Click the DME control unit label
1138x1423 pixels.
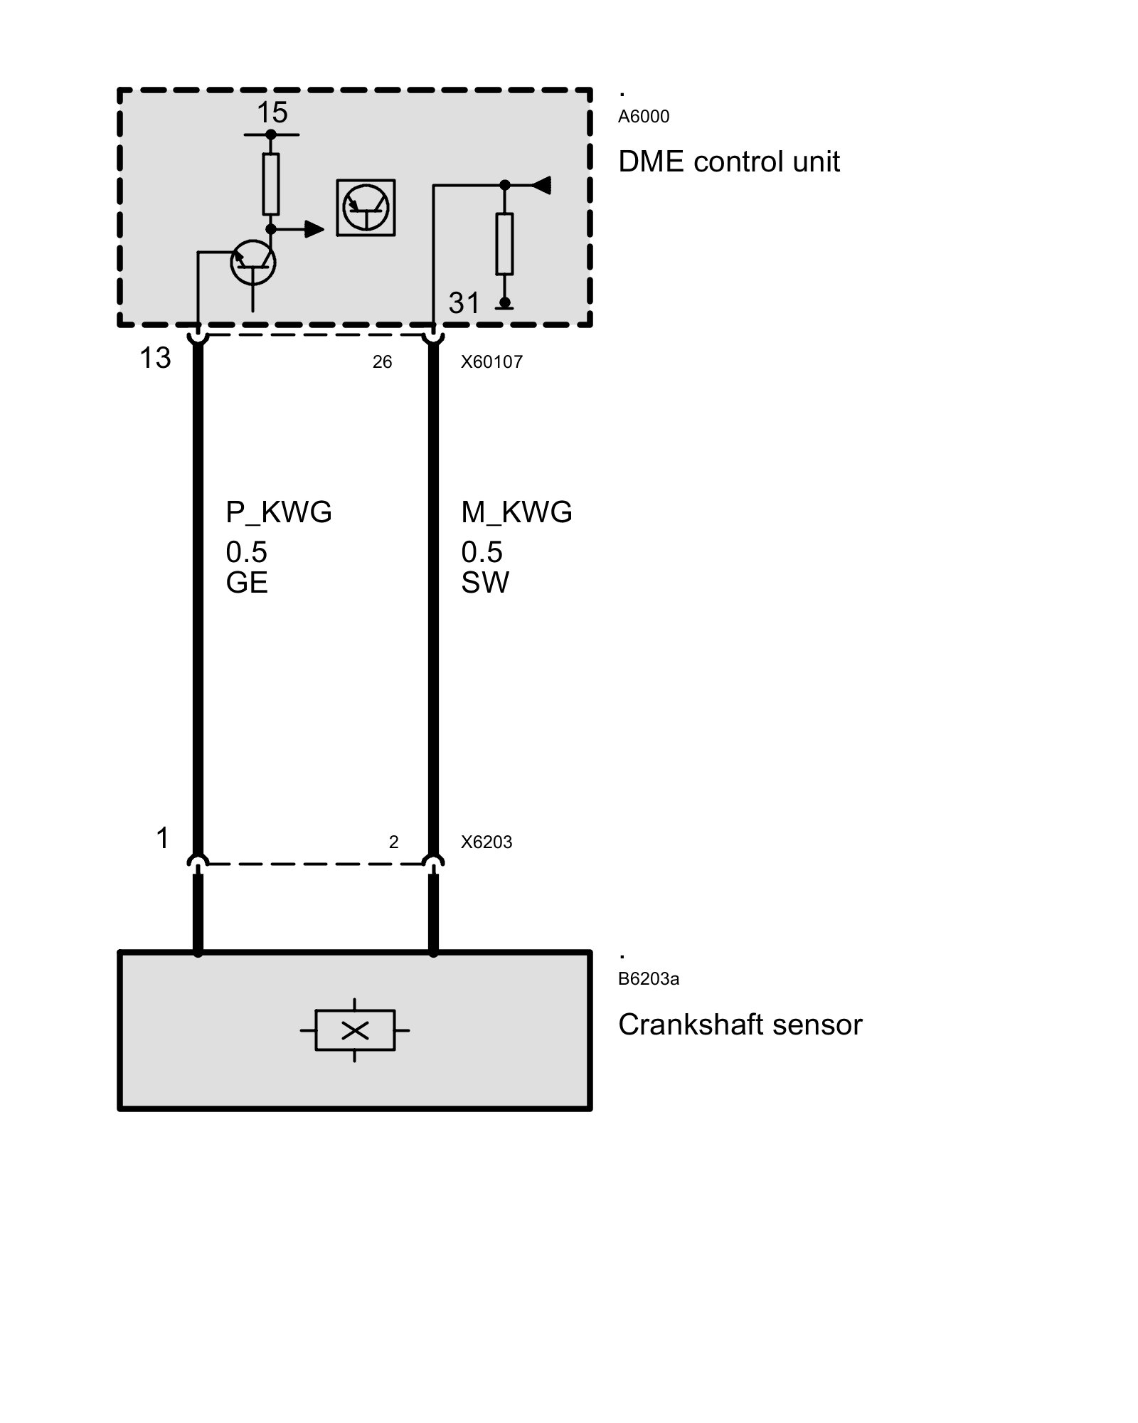click(728, 162)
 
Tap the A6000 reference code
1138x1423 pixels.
click(643, 117)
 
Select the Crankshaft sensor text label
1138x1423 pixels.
click(740, 1025)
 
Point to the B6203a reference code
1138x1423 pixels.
click(648, 979)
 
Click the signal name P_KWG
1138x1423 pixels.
click(279, 512)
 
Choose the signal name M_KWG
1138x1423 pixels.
click(516, 512)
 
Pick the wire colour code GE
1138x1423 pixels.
click(246, 583)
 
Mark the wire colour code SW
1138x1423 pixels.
click(484, 583)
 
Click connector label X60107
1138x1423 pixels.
click(491, 362)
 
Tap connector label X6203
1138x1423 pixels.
click(486, 842)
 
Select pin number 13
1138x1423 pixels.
click(155, 358)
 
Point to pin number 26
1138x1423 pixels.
click(382, 362)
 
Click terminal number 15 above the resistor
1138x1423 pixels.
click(272, 112)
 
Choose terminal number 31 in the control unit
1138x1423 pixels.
click(464, 304)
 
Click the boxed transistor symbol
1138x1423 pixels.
click(366, 207)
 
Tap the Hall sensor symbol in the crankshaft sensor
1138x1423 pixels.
click(355, 1030)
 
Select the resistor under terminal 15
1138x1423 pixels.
click(270, 184)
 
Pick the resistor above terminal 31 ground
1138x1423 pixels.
click(504, 243)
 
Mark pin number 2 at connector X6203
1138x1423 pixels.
click(393, 842)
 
